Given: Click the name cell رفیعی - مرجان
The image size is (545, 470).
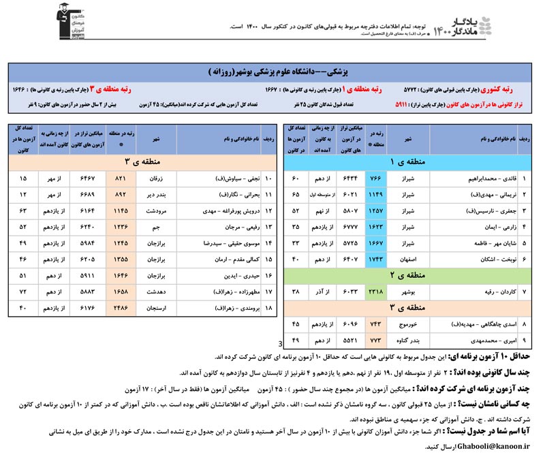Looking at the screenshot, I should [225, 225].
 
